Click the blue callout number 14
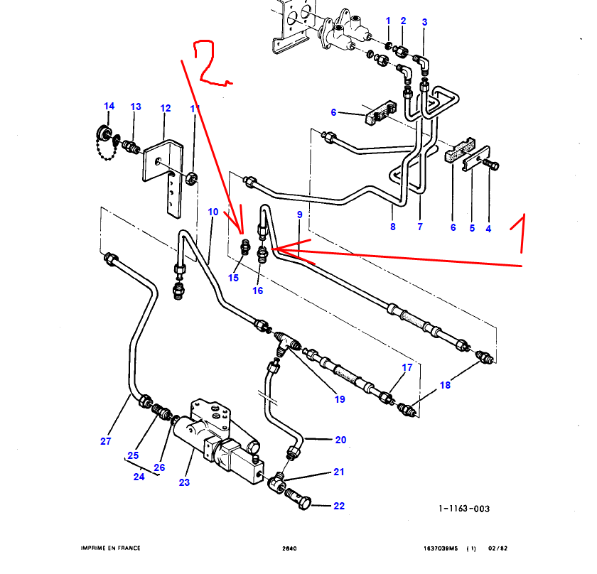tap(109, 107)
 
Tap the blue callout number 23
tap(184, 482)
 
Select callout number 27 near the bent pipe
tap(106, 441)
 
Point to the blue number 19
tap(340, 399)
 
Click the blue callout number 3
tap(424, 23)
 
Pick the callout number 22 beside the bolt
tap(339, 506)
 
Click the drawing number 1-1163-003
tap(464, 509)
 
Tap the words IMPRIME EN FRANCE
tap(110, 548)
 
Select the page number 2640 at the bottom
tap(289, 548)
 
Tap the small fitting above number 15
tap(246, 245)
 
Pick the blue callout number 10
tap(213, 212)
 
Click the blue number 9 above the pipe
tap(300, 214)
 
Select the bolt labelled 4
tap(491, 165)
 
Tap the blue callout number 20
tap(340, 440)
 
